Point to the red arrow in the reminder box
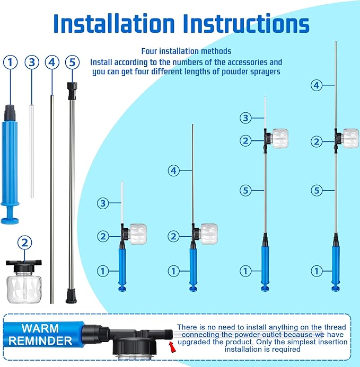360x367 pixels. click(x=171, y=346)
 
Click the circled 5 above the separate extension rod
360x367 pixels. click(x=73, y=62)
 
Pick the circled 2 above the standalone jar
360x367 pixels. click(x=24, y=243)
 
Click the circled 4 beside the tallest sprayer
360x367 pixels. click(x=317, y=84)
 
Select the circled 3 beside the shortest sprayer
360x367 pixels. click(x=103, y=202)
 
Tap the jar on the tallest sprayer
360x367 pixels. click(x=350, y=138)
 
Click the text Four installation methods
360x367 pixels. click(x=186, y=51)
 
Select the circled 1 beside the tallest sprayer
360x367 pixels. click(x=317, y=271)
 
